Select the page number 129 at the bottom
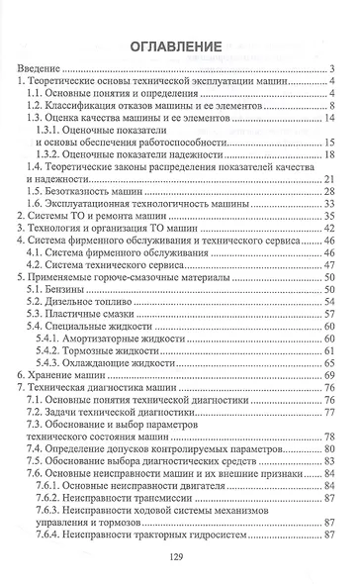178,556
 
